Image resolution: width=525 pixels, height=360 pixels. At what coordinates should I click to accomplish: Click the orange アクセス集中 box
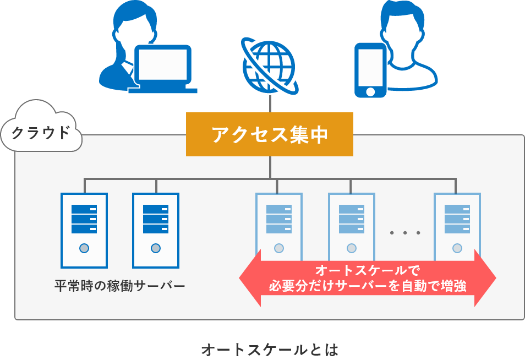click(x=270, y=134)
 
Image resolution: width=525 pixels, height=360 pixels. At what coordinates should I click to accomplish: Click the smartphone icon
click(x=370, y=70)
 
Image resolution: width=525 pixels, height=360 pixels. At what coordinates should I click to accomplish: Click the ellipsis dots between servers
click(x=405, y=233)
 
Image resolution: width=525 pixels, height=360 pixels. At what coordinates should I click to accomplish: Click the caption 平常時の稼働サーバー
click(x=119, y=286)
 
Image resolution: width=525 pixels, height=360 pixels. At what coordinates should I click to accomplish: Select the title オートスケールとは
click(x=269, y=349)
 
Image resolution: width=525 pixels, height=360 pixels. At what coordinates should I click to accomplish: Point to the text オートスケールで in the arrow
click(x=368, y=270)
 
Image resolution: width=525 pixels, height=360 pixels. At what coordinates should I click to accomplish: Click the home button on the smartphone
click(x=370, y=91)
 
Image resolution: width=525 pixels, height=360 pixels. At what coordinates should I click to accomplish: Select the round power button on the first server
click(x=84, y=248)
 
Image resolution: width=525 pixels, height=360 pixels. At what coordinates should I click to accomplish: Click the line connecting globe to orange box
click(x=270, y=103)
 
